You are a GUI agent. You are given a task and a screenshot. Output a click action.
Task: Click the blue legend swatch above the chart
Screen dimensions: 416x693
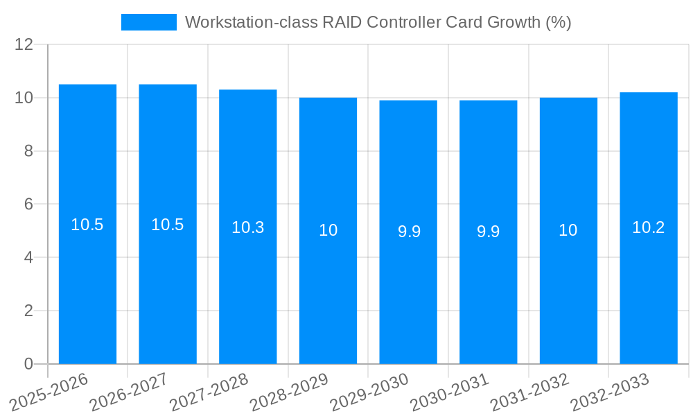pos(148,22)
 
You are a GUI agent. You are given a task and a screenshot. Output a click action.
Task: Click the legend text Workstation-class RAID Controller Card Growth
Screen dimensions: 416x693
pos(378,22)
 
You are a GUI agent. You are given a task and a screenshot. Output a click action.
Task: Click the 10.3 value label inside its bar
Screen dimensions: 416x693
pos(247,227)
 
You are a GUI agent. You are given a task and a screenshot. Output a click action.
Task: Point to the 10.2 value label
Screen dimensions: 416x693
pos(648,227)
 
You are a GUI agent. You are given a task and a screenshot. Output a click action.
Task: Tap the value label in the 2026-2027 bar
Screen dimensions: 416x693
pos(168,225)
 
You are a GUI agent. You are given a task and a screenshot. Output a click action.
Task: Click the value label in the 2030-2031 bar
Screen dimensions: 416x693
pos(488,232)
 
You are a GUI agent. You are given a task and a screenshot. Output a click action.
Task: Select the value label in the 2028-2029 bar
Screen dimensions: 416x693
pos(328,230)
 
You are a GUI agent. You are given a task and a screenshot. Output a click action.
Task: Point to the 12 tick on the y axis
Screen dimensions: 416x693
pos(24,44)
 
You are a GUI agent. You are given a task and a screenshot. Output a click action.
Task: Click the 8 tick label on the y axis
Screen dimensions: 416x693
pos(28,151)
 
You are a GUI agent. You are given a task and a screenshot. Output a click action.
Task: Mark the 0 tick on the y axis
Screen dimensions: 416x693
pos(28,364)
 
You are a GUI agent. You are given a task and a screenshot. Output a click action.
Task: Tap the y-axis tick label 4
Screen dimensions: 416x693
pos(28,257)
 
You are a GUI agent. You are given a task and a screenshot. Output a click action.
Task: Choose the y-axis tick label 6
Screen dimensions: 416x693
pos(28,205)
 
